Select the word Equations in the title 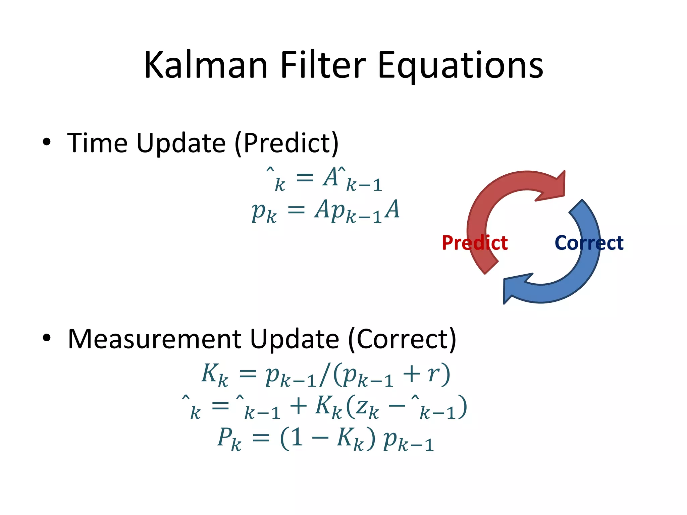pyautogui.click(x=460, y=66)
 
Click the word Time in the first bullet pyautogui.click(x=97, y=143)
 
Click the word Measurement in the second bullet pyautogui.click(x=154, y=339)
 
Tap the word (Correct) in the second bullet pyautogui.click(x=402, y=340)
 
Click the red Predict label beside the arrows pyautogui.click(x=474, y=243)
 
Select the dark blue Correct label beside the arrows pyautogui.click(x=589, y=243)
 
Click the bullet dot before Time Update pyautogui.click(x=47, y=142)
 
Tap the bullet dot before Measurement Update pyautogui.click(x=47, y=338)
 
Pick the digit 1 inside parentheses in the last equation pyautogui.click(x=297, y=438)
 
